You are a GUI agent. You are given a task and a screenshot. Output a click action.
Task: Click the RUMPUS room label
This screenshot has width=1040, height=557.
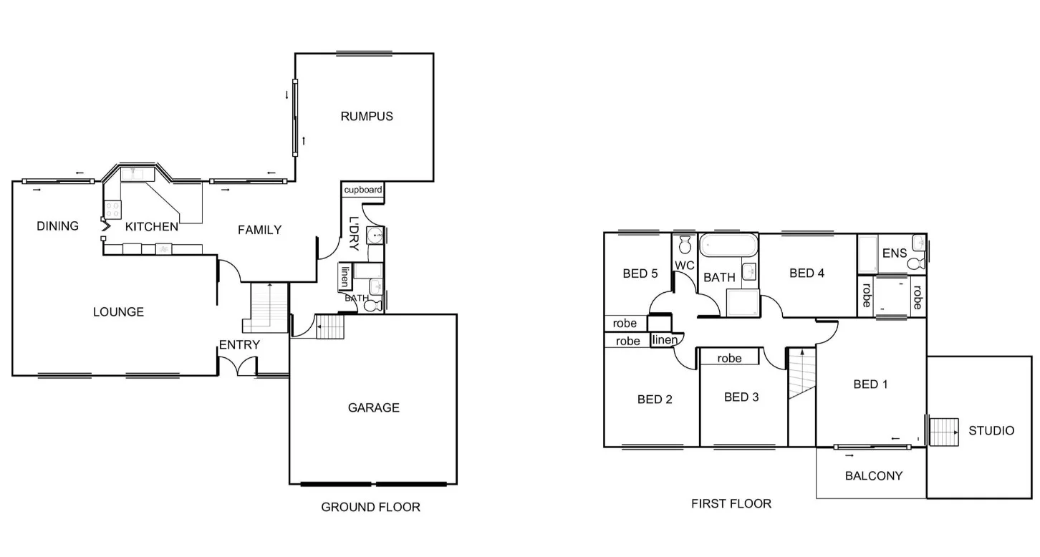367,116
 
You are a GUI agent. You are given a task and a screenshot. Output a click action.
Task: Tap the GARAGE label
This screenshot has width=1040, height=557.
373,407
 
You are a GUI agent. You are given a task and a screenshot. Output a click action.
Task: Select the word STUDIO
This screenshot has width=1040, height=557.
991,430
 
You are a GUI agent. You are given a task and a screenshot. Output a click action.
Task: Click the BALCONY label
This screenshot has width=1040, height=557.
873,475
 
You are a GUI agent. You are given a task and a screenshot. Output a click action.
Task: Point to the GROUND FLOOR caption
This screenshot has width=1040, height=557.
370,507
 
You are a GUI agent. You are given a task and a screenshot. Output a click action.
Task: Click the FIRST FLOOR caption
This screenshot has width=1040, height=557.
731,503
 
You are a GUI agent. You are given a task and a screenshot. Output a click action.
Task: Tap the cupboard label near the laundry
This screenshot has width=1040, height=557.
363,190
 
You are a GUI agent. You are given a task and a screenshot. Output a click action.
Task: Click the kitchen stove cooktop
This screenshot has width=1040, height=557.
112,209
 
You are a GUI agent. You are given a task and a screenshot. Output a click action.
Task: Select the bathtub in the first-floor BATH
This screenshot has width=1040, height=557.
728,246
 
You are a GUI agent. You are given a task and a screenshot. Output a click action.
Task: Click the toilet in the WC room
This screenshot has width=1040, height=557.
685,244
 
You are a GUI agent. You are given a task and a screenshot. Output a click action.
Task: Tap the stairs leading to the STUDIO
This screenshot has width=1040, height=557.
944,432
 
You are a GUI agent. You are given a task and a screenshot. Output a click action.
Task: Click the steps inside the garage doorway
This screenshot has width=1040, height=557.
330,328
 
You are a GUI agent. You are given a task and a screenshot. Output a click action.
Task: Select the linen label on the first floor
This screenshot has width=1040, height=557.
665,339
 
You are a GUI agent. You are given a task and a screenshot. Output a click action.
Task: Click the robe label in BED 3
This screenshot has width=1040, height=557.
729,358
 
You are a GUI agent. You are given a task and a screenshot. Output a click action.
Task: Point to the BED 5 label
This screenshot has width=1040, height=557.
640,273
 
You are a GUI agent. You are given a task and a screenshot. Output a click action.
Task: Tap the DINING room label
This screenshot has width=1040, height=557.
57,226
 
